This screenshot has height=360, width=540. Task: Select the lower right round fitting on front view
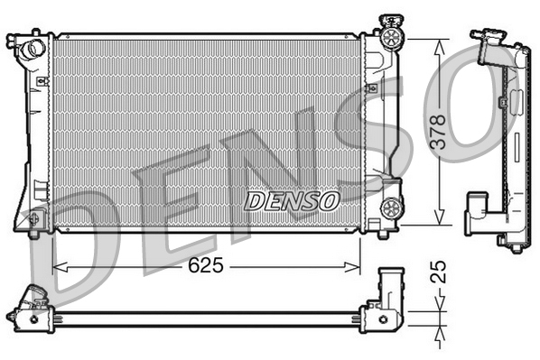click(x=392, y=208)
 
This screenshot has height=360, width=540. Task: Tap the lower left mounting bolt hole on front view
click(x=33, y=218)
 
